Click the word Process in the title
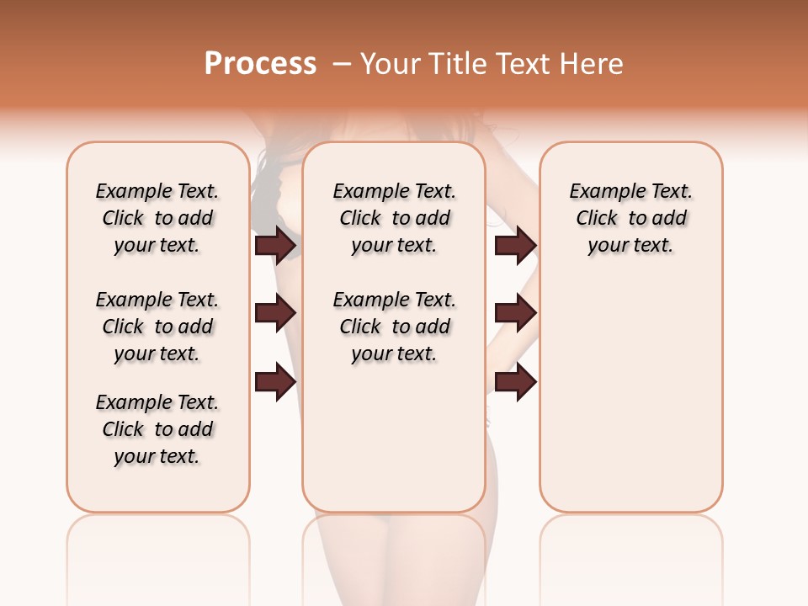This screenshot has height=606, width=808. pos(260,64)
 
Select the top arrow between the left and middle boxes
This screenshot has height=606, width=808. pos(275,246)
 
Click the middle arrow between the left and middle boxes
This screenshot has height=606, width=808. pos(275,313)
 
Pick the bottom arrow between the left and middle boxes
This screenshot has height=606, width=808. pos(275,381)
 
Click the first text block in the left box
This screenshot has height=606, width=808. pos(157,218)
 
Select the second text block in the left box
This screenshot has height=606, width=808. pos(157,327)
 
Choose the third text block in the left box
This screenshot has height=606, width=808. pos(157,429)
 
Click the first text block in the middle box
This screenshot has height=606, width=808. pos(395,218)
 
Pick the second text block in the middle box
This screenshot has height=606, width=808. pos(395,327)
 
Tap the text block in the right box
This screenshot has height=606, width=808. pos(631,218)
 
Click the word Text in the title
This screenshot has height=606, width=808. pos(524,64)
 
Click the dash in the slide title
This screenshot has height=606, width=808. pos(341,64)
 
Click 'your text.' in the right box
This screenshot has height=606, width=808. pos(631,246)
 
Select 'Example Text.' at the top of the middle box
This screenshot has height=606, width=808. pos(395,191)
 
